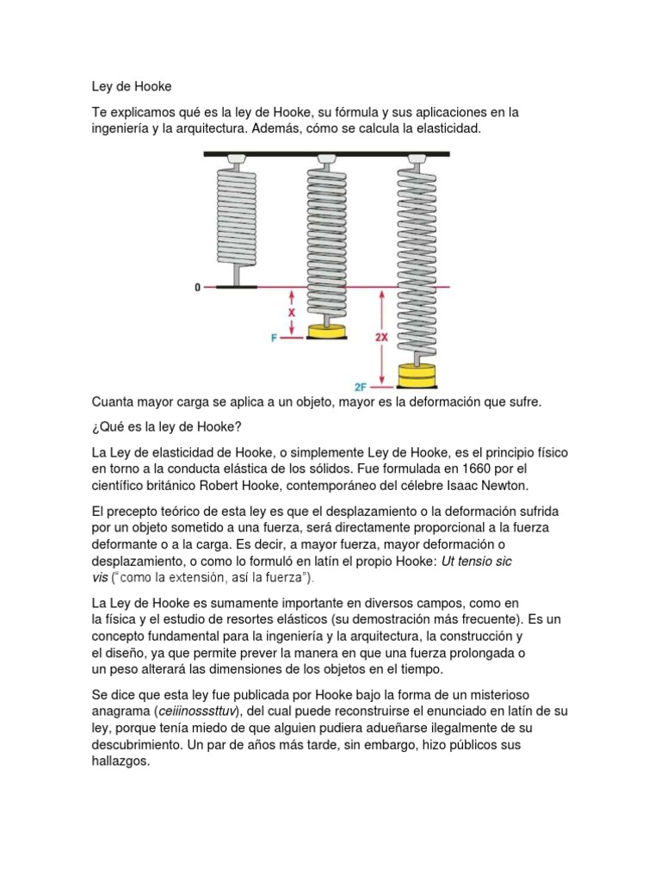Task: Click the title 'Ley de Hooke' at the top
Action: click(133, 86)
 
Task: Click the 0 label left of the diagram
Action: click(197, 288)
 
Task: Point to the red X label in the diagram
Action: click(291, 314)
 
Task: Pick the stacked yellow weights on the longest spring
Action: click(417, 376)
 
